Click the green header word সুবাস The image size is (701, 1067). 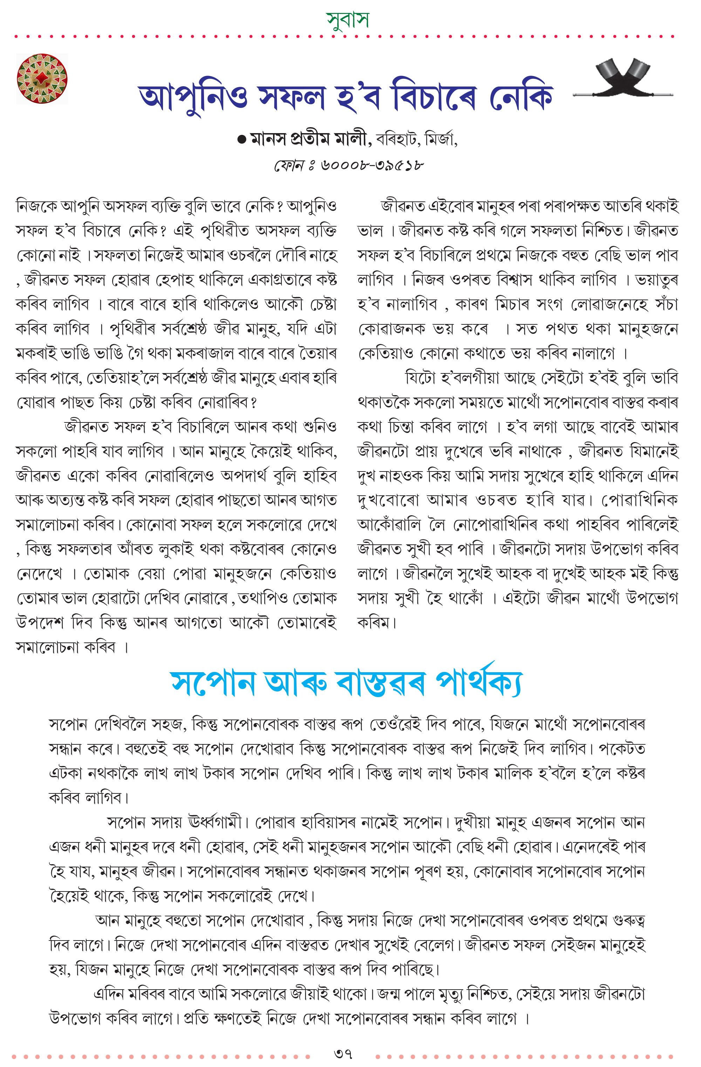click(x=348, y=20)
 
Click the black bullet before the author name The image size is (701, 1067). click(x=241, y=140)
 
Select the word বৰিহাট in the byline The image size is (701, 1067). click(x=397, y=139)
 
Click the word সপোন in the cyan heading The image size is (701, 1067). click(x=213, y=684)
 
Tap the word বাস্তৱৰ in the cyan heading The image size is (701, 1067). click(x=380, y=684)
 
